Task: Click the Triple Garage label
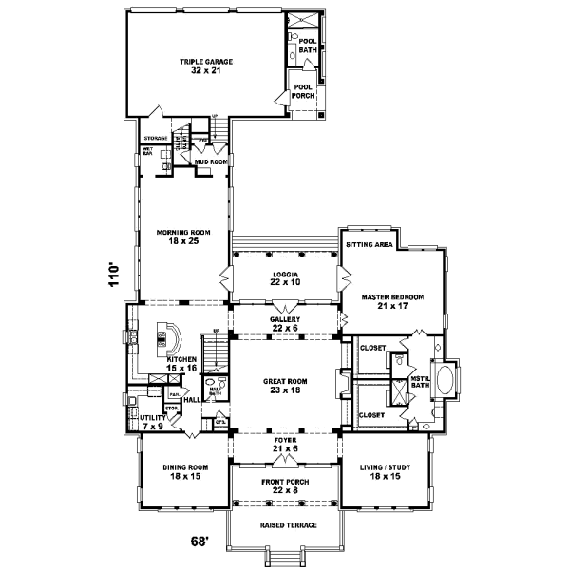(x=206, y=65)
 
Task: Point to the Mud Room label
(x=209, y=161)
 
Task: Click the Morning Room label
(x=183, y=236)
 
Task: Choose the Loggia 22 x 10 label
(x=283, y=278)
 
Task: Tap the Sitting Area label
(x=371, y=244)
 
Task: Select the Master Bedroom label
(x=392, y=301)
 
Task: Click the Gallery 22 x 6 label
(x=285, y=324)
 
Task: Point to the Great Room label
(x=283, y=385)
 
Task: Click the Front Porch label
(x=283, y=485)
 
